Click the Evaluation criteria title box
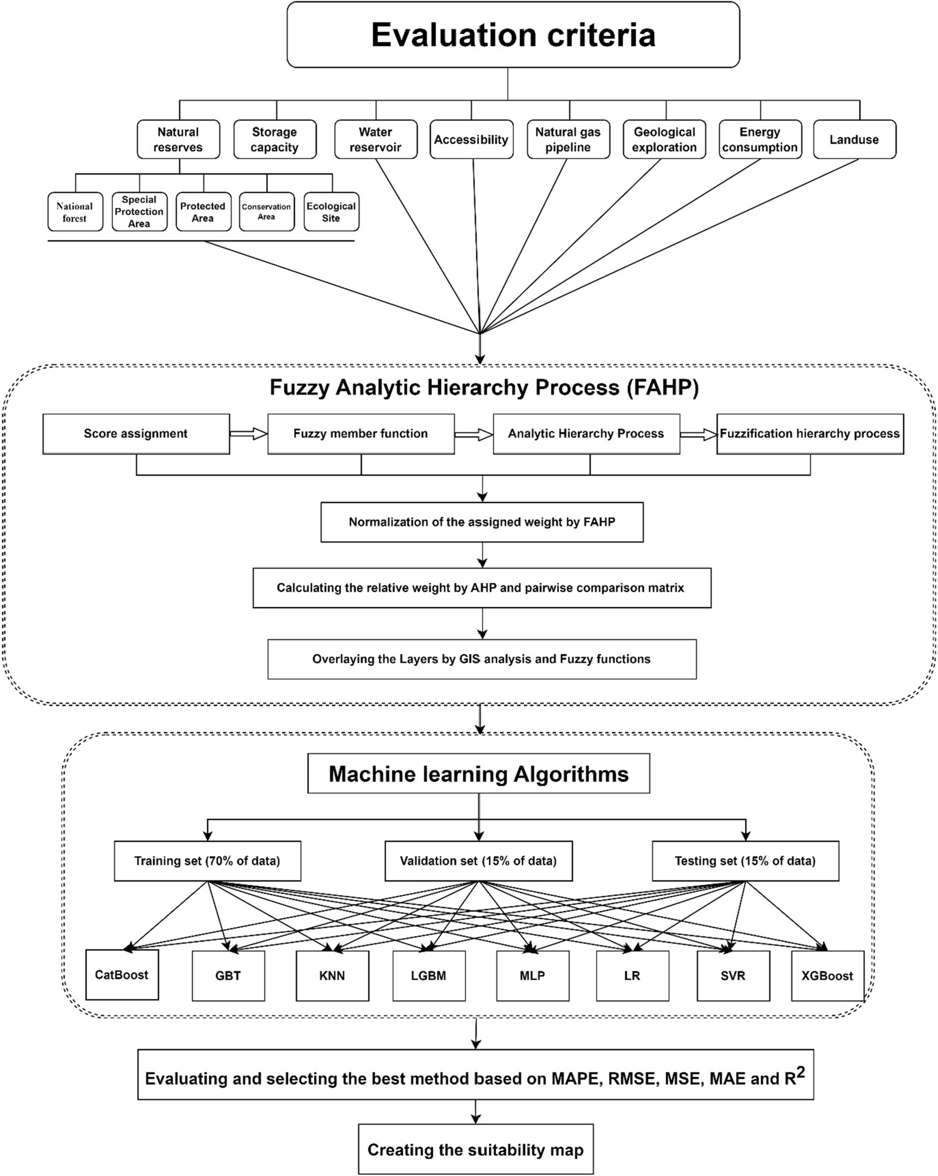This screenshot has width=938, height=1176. coord(513,34)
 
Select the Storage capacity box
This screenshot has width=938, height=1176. coord(275,139)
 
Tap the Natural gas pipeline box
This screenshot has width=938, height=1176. coord(568,139)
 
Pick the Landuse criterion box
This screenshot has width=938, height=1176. coord(854,139)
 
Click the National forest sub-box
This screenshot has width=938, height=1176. coord(75,212)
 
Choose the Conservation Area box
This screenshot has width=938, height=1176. coord(267,212)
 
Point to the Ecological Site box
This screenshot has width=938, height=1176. coord(331,212)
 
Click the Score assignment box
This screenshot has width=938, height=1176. coord(136,434)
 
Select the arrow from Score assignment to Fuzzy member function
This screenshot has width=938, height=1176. coord(248,434)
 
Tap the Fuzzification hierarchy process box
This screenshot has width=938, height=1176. coord(809,434)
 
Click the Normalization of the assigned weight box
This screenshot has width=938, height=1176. coord(481,522)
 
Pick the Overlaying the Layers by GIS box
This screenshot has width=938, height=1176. coord(481,659)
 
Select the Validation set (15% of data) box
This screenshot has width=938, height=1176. coord(478,861)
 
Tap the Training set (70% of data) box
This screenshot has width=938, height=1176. coord(207,861)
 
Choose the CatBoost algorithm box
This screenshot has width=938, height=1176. coord(121,975)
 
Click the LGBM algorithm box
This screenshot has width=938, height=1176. coord(429,976)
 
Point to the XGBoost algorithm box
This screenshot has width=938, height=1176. coord(827,976)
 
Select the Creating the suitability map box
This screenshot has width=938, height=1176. coord(475,1149)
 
